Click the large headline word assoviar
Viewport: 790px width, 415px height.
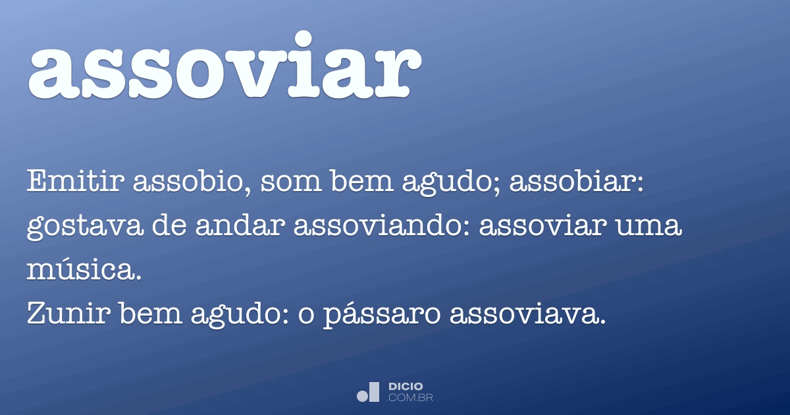click(224, 66)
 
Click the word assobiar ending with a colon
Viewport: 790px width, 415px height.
click(576, 181)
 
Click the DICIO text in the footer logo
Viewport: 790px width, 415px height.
click(406, 387)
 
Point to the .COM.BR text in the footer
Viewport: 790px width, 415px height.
click(410, 397)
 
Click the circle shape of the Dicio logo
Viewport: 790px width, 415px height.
click(363, 396)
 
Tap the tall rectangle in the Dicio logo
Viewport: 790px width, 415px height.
click(375, 391)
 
